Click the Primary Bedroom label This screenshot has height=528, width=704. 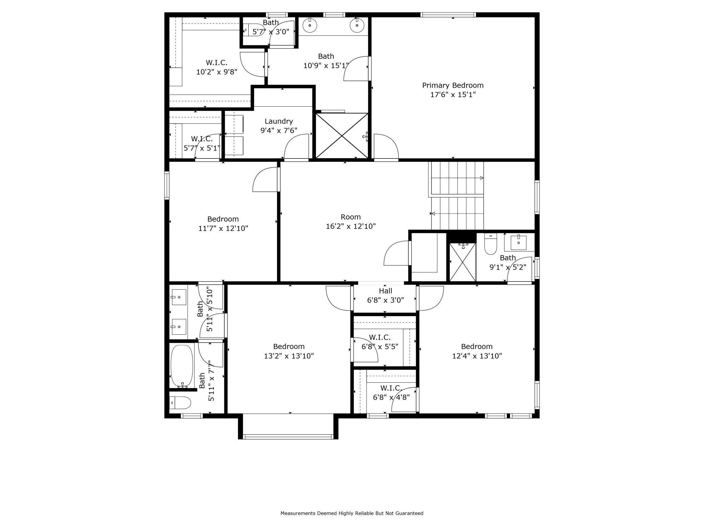(453, 85)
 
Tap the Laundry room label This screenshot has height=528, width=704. (279, 121)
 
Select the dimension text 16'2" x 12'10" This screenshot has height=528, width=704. (351, 226)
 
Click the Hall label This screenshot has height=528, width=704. (386, 291)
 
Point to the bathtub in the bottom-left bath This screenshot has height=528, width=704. (182, 365)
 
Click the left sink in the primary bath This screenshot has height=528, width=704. (309, 25)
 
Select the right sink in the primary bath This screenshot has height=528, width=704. (357, 25)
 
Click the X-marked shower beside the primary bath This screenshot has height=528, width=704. (342, 136)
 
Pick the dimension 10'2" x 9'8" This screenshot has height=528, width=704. (217, 72)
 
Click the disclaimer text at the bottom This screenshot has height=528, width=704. (352, 513)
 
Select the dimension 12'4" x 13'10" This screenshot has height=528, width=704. (477, 356)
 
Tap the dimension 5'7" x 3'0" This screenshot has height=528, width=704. (271, 32)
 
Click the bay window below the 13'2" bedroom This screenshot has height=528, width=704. (288, 437)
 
